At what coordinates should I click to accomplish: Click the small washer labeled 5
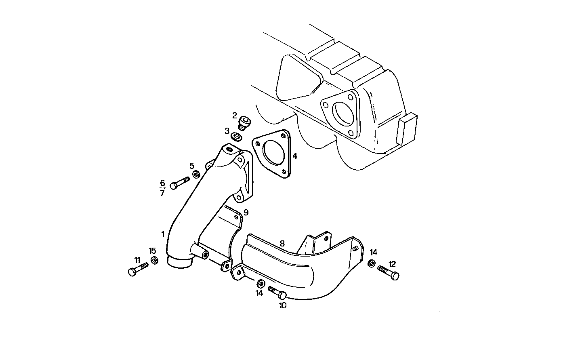[196, 174]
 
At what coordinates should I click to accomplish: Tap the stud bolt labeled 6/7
[179, 183]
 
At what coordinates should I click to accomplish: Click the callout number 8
[282, 244]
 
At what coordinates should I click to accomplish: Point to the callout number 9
[246, 212]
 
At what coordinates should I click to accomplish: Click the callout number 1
[163, 234]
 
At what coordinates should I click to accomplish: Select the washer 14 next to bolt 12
[371, 264]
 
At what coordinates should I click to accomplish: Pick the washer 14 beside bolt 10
[261, 282]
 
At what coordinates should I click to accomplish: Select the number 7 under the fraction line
[162, 193]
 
